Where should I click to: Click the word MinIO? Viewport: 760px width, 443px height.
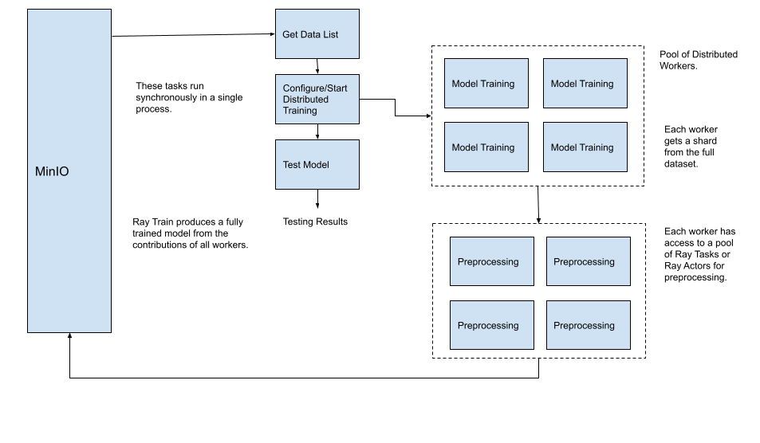52,172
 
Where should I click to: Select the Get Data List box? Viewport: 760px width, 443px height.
317,34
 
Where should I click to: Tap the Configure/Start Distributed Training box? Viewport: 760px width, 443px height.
317,100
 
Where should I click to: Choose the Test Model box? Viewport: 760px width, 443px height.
317,165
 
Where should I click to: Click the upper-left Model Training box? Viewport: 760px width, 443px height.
486,84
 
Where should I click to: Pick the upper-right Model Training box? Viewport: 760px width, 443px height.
585,84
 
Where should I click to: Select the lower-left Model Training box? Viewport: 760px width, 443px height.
486,147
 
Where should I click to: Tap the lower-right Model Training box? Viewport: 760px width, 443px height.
585,147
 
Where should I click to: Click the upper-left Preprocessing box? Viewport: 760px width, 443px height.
491,261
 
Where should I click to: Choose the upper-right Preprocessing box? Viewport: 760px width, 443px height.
588,261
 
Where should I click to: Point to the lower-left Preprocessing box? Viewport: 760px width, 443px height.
491,325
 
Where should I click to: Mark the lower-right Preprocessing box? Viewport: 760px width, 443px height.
588,325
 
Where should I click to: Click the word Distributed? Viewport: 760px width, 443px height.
305,100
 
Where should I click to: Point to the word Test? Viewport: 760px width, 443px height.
292,165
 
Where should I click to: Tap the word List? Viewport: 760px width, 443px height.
330,35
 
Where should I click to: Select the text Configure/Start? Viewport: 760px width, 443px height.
315,88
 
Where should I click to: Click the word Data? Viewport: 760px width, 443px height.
310,35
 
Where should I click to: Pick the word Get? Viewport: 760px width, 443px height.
290,35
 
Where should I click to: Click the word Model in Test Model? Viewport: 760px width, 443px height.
316,165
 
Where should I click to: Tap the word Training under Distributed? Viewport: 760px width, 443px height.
300,111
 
